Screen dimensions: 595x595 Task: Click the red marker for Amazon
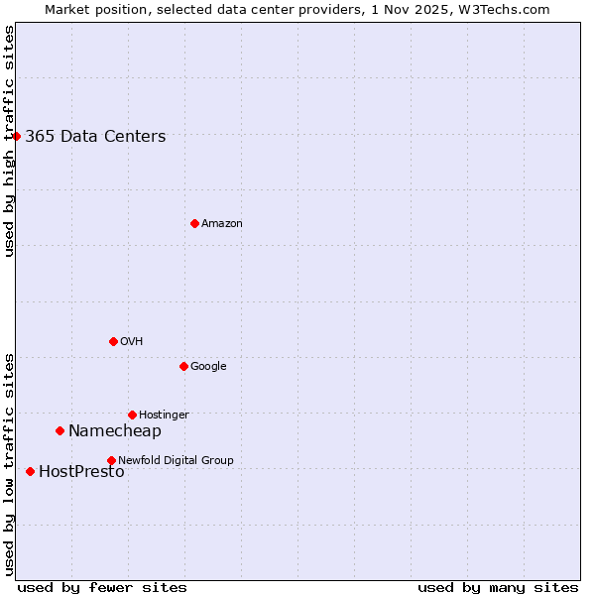(x=194, y=223)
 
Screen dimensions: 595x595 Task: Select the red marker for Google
(x=183, y=366)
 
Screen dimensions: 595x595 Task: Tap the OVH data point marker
(x=113, y=341)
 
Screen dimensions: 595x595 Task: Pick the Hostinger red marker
(x=132, y=415)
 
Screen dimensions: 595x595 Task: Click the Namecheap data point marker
(x=59, y=430)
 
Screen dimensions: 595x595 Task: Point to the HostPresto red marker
(x=30, y=471)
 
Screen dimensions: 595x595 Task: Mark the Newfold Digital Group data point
(x=111, y=460)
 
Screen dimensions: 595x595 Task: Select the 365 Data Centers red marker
(x=17, y=136)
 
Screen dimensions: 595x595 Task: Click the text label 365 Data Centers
(x=95, y=137)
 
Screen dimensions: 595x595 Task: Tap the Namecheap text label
(x=114, y=431)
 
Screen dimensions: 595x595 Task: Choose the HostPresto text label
(x=81, y=472)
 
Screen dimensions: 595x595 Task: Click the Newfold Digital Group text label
(x=176, y=460)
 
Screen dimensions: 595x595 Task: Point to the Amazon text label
(x=222, y=224)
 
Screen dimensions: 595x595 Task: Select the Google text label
(x=208, y=367)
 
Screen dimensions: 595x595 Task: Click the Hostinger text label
(x=164, y=416)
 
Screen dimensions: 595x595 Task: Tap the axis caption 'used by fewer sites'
(x=102, y=587)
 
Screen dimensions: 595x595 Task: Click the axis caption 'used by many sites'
(x=498, y=587)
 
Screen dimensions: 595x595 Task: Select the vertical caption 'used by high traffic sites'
(x=9, y=141)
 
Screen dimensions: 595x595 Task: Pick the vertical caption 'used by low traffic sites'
(x=9, y=464)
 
